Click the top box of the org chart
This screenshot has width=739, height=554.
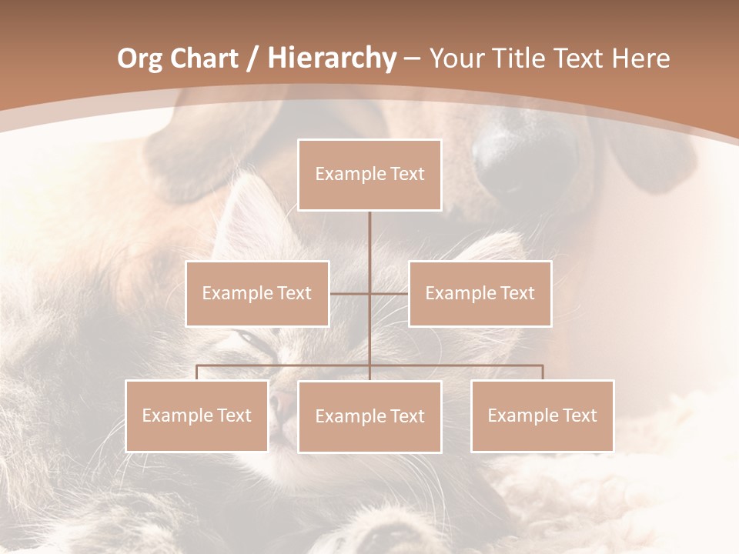pyautogui.click(x=369, y=175)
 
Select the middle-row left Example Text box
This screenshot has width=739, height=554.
pyautogui.click(x=257, y=293)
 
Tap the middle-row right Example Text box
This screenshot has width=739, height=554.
pyautogui.click(x=480, y=293)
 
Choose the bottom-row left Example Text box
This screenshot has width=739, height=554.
pyautogui.click(x=196, y=415)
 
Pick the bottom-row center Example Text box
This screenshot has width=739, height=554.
pyautogui.click(x=369, y=416)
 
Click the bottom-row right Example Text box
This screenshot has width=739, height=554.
pyautogui.click(x=542, y=415)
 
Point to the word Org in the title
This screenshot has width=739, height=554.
pyautogui.click(x=141, y=58)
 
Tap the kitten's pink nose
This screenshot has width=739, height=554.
pyautogui.click(x=283, y=399)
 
